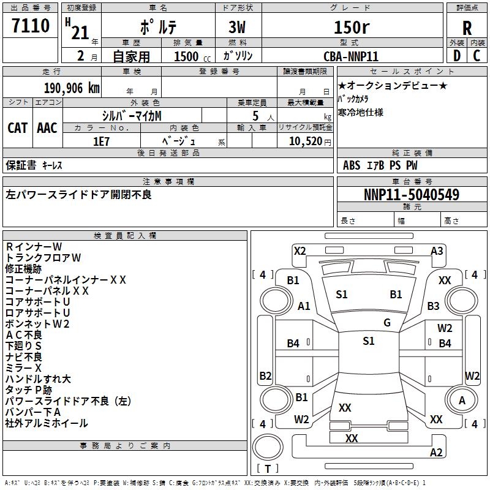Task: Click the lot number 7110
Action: pyautogui.click(x=31, y=26)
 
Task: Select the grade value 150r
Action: pyautogui.click(x=352, y=27)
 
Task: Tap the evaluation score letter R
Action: pyautogui.click(x=467, y=28)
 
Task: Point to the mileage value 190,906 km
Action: pyautogui.click(x=72, y=88)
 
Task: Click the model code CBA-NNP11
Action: pyautogui.click(x=351, y=56)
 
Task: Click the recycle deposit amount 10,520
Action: pyautogui.click(x=304, y=141)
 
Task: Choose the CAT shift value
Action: pyautogui.click(x=17, y=127)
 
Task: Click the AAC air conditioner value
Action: pyautogui.click(x=47, y=127)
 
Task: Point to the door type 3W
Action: pyautogui.click(x=238, y=27)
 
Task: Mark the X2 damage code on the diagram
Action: pyautogui.click(x=300, y=251)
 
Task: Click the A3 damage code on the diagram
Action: pyautogui.click(x=437, y=251)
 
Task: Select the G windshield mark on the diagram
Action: pyautogui.click(x=387, y=323)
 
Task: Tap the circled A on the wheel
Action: pyautogui.click(x=462, y=400)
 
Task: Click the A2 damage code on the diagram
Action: pyautogui.click(x=436, y=453)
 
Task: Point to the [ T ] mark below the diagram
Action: pyautogui.click(x=268, y=469)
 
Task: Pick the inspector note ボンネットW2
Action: pyautogui.click(x=37, y=324)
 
